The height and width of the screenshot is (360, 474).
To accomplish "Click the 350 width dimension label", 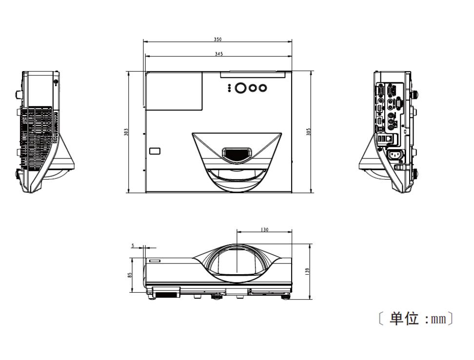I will click(x=217, y=39).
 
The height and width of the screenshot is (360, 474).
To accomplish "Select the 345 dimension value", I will click(x=218, y=54).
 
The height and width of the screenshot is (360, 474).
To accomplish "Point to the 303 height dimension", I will click(x=126, y=132).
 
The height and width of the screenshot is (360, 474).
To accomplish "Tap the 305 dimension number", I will click(x=309, y=132).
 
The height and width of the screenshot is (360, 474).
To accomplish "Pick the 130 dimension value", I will click(x=264, y=229).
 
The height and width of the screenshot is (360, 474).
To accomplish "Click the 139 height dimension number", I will click(x=308, y=271).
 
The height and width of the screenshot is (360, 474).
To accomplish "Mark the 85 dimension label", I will click(x=130, y=275).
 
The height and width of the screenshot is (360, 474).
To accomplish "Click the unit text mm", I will click(x=439, y=319).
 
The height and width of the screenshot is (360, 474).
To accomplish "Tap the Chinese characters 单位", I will click(x=404, y=319).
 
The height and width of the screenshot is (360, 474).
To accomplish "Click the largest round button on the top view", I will click(x=241, y=88).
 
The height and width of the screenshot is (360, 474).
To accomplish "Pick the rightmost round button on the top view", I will click(x=263, y=88).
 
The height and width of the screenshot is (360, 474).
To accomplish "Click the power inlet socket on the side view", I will click(x=395, y=156).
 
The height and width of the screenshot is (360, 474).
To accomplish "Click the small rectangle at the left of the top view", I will click(x=155, y=151).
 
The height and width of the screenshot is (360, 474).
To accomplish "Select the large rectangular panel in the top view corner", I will click(x=174, y=91).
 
